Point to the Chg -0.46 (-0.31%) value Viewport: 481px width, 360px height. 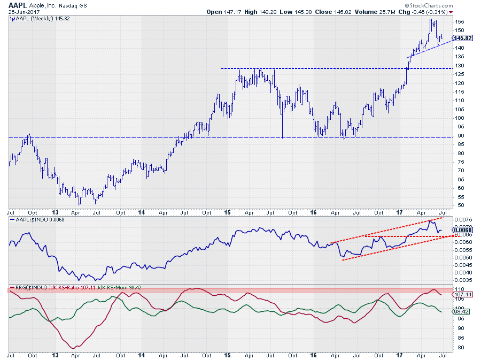[x=441, y=12]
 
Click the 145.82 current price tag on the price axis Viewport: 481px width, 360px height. [x=462, y=39]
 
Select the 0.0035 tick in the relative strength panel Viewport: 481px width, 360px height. [x=462, y=280]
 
